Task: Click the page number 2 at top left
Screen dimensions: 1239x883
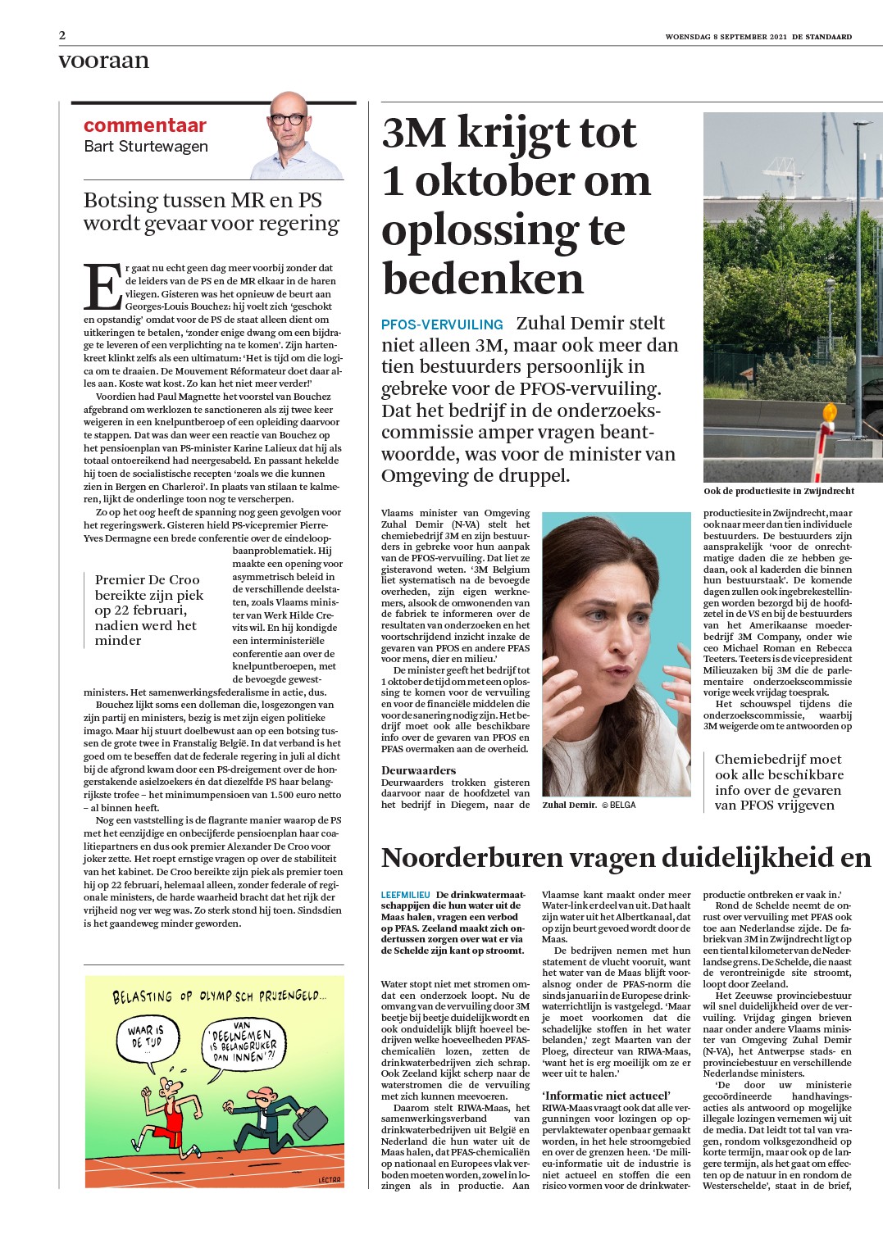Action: (62, 36)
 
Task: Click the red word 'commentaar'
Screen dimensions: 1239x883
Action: (144, 125)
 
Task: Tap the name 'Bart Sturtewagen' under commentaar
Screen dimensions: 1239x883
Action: (146, 147)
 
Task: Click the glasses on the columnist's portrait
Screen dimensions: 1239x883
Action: (289, 119)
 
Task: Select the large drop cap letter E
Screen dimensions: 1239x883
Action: (102, 287)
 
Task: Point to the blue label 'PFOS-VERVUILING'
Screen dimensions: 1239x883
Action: (442, 324)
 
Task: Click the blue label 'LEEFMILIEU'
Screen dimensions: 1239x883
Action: (406, 894)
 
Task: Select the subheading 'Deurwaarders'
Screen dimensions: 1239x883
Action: (418, 770)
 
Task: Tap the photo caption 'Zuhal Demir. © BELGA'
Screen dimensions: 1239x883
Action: (588, 805)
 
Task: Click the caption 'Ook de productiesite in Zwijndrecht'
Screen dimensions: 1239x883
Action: (778, 491)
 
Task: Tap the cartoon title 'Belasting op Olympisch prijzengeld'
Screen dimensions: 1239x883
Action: (218, 996)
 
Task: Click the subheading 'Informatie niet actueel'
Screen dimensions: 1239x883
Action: (606, 1096)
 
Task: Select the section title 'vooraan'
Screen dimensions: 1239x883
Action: (104, 61)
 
